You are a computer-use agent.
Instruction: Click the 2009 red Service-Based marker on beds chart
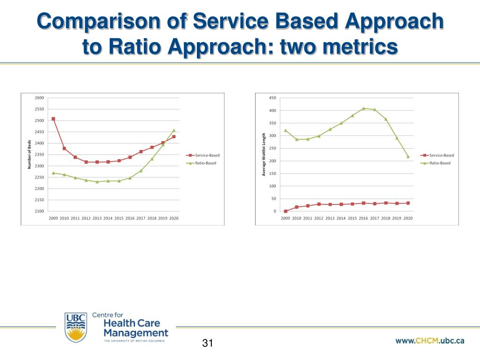[53, 119]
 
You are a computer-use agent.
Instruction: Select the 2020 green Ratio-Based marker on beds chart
[174, 130]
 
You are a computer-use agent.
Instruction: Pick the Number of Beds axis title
[29, 155]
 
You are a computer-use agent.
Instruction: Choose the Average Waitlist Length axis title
[264, 155]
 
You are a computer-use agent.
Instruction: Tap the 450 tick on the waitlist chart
[272, 98]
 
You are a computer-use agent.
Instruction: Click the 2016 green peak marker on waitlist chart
[363, 108]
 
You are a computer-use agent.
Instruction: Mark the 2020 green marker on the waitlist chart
[408, 157]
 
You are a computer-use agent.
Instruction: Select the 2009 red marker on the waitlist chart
[285, 211]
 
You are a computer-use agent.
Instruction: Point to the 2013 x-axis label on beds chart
[97, 218]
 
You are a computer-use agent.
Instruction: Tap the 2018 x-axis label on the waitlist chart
[385, 218]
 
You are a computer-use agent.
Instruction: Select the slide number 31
[208, 343]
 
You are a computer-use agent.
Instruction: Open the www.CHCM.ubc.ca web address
[430, 341]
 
